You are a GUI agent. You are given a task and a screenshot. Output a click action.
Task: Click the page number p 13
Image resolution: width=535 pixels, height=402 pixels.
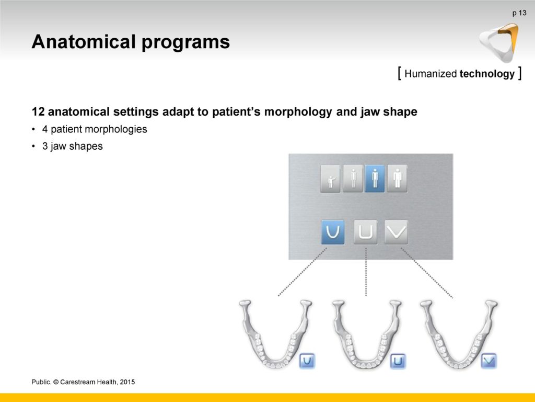click(519, 13)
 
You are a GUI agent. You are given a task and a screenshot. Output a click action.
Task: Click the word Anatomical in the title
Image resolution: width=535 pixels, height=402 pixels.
click(84, 42)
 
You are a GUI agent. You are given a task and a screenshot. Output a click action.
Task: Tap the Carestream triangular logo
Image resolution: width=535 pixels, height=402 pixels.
click(499, 42)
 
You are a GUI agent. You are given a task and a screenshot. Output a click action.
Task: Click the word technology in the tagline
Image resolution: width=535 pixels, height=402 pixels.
click(487, 73)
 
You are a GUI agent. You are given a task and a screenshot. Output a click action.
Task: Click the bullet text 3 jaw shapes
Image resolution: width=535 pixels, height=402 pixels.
click(72, 146)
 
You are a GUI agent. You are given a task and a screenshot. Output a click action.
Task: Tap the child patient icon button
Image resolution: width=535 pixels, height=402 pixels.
click(330, 178)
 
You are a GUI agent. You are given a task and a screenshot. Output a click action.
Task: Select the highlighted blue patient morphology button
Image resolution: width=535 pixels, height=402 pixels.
click(375, 178)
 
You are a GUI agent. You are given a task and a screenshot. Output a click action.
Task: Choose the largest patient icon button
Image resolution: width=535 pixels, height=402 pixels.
click(397, 178)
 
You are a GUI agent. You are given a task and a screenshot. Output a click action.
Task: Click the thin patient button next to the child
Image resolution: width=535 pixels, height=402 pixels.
click(353, 178)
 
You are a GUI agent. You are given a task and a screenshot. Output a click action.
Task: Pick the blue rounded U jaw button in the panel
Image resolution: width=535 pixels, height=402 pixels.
click(333, 232)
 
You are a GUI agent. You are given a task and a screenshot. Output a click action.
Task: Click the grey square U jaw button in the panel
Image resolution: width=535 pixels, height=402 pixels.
click(365, 232)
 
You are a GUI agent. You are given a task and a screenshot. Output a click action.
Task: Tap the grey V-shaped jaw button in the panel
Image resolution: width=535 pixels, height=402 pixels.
click(396, 232)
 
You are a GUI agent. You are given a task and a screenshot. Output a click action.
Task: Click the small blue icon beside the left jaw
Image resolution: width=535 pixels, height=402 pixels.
click(307, 361)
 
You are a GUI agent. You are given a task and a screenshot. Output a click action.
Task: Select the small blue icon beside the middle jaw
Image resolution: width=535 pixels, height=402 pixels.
click(398, 361)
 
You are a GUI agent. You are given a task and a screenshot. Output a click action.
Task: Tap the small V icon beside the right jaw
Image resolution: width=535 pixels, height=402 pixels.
click(489, 361)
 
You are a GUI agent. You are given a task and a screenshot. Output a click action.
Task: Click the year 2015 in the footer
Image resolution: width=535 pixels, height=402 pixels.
click(127, 382)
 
